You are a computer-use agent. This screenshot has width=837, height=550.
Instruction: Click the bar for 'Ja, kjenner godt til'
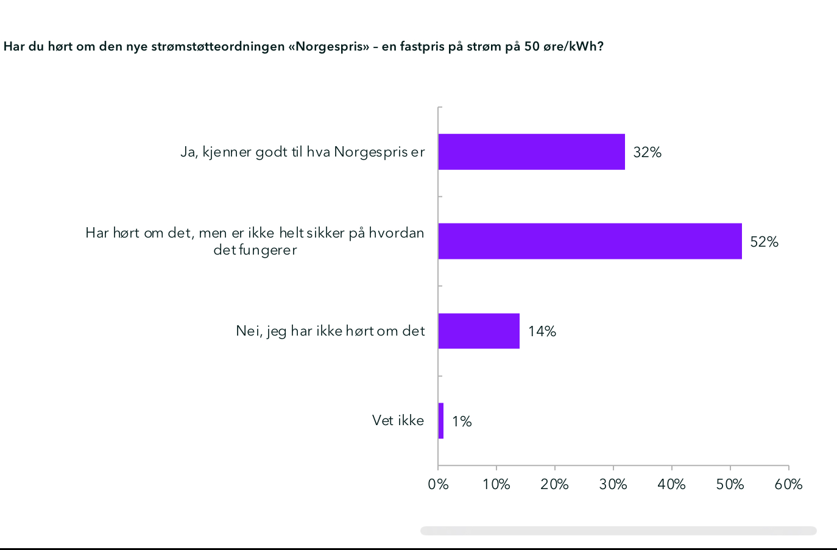tap(531, 152)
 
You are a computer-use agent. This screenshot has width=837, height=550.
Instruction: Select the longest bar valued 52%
tap(590, 241)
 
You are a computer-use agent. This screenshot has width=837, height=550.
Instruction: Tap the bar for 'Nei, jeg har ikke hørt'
tap(479, 331)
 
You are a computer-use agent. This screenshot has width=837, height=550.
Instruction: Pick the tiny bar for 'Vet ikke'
tap(441, 421)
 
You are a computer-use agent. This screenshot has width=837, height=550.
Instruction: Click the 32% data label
tap(647, 152)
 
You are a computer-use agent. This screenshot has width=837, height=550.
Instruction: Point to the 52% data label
tap(764, 242)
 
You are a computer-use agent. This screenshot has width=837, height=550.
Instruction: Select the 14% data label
tap(542, 331)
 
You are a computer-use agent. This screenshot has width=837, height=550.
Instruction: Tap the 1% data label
tap(462, 421)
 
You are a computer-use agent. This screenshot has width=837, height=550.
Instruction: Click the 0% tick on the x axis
tap(438, 484)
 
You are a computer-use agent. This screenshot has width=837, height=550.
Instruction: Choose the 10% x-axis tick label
tap(496, 484)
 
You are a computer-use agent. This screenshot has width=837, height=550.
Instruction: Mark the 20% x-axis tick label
tap(554, 484)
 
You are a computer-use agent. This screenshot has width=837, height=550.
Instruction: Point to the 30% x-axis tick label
tap(613, 484)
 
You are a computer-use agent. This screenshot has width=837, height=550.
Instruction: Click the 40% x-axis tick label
tap(671, 484)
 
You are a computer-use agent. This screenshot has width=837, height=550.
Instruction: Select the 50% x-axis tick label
tap(730, 484)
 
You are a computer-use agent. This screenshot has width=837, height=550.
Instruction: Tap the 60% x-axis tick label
tap(788, 484)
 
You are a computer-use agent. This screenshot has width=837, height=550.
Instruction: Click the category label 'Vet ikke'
tap(398, 420)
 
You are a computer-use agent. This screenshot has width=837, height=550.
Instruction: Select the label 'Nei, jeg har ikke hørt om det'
tap(330, 331)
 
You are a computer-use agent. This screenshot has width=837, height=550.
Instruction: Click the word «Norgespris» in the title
tap(332, 47)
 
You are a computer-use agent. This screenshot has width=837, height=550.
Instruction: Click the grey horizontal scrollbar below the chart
tap(618, 531)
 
